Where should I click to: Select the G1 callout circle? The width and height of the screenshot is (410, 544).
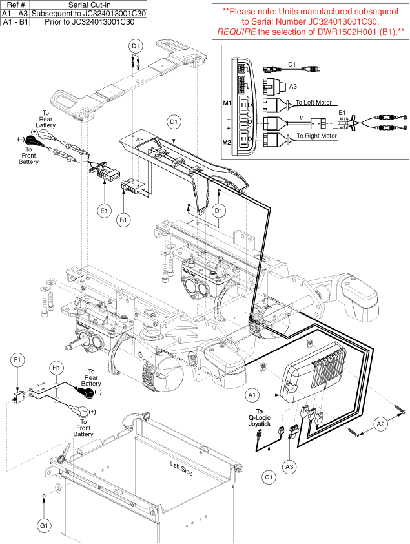[43, 527]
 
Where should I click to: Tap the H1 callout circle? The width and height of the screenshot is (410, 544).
[56, 368]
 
